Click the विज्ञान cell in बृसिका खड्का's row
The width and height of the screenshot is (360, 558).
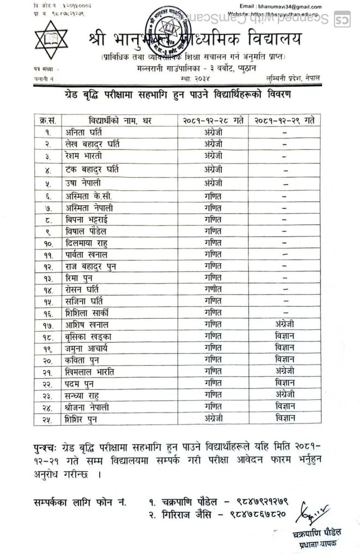click(x=285, y=336)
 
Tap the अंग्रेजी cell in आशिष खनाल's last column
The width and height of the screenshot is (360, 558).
click(x=285, y=324)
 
